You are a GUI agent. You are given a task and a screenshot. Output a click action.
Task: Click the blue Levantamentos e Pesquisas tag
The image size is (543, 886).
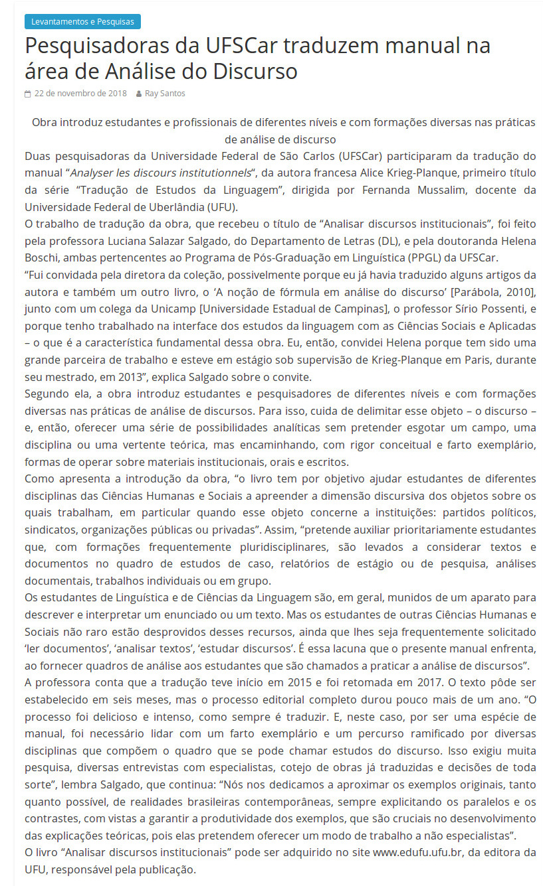coord(82,22)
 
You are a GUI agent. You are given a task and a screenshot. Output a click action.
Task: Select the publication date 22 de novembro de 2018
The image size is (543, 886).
coord(80,94)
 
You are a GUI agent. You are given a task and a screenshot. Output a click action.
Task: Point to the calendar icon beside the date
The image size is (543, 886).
coord(28,94)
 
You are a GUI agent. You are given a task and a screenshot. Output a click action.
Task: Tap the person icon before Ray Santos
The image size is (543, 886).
coord(138,94)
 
